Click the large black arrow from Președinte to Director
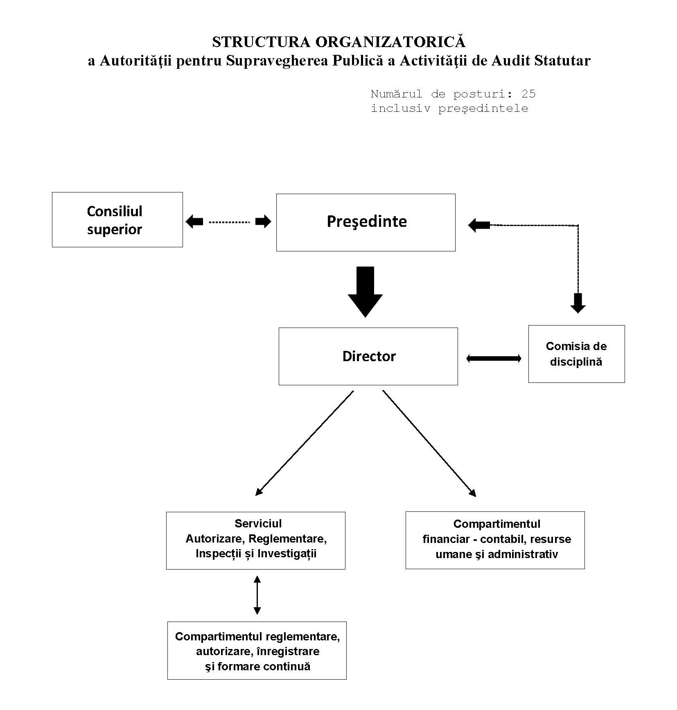[365, 292]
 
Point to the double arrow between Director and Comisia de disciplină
[494, 359]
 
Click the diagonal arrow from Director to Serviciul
[304, 443]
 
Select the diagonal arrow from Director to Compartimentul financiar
[429, 443]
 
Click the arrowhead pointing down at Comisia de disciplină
[578, 303]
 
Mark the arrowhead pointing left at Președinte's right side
[479, 225]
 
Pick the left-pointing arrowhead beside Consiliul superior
[194, 222]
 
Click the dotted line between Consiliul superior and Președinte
[229, 222]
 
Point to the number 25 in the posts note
[528, 94]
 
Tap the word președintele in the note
[483, 109]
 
